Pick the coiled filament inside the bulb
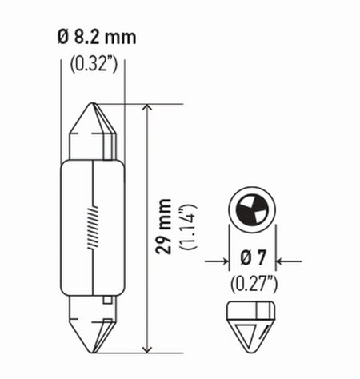94,226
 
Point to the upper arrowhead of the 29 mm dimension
146,109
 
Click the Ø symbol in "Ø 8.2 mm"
63,38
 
